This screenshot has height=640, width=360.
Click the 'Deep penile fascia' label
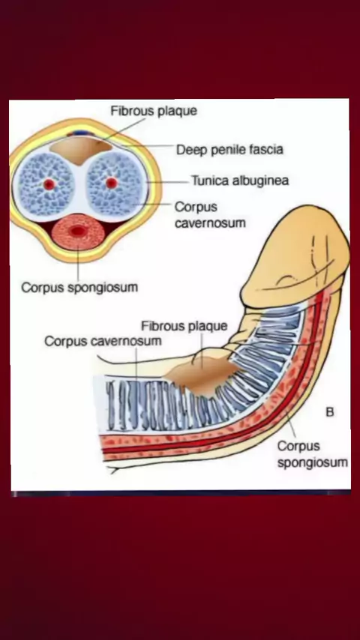(229, 150)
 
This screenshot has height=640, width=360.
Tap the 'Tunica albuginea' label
(240, 181)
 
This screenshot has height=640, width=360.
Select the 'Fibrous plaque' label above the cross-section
(154, 111)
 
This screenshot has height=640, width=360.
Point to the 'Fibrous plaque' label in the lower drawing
(184, 326)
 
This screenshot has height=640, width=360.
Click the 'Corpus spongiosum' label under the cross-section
(79, 288)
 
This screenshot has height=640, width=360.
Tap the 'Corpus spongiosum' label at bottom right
(313, 454)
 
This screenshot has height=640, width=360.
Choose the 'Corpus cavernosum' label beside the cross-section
(210, 214)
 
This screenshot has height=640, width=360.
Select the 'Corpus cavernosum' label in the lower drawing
(103, 341)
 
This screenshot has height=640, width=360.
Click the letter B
(330, 412)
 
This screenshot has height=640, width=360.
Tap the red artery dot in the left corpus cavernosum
(49, 184)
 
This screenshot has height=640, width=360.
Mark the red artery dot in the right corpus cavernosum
(112, 183)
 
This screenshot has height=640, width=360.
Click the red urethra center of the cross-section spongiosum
(78, 232)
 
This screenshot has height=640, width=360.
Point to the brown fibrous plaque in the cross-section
(81, 150)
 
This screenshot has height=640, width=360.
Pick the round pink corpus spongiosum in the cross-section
(78, 232)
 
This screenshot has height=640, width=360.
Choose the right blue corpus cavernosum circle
(115, 184)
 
